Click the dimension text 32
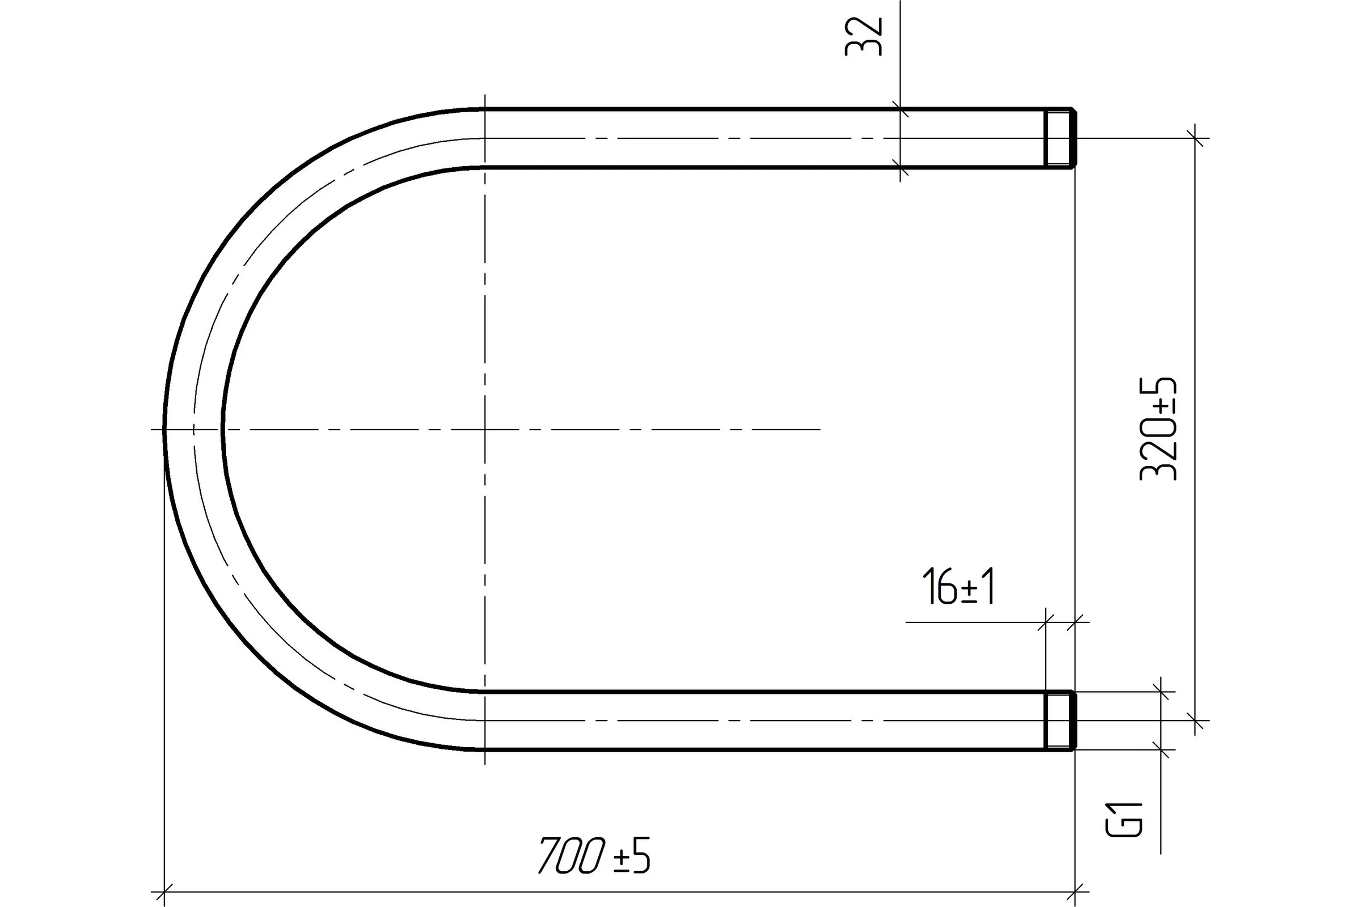(863, 37)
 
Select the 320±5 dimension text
(1159, 429)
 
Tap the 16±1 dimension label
(958, 587)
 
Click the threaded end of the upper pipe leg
(1060, 138)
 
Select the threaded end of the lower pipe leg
(1060, 720)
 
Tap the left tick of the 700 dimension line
(165, 892)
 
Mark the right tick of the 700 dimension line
(1075, 892)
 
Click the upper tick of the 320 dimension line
(1195, 138)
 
